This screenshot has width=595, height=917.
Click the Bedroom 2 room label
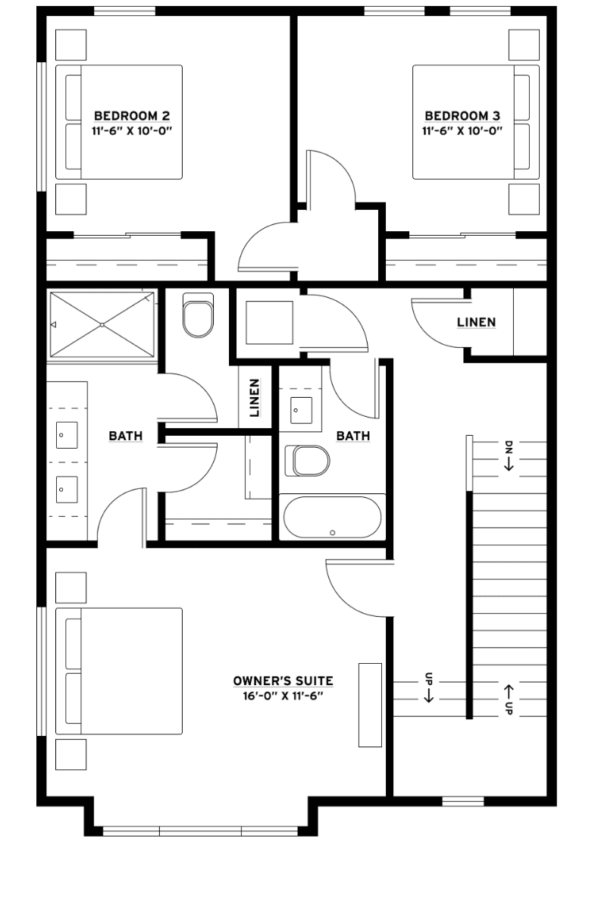point(132,116)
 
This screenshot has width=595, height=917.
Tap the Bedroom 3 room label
point(462,116)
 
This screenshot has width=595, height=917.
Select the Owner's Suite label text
point(283,681)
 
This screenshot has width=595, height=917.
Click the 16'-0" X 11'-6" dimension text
point(283,696)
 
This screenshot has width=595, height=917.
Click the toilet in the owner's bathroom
point(198,315)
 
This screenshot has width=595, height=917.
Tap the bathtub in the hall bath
point(332,517)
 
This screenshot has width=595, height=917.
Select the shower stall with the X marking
point(102,324)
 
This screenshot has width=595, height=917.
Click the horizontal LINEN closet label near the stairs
point(476,322)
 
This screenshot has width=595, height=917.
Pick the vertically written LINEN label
point(255,398)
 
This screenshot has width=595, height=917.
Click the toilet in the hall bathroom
point(307,461)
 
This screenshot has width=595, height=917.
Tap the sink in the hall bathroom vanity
point(301,410)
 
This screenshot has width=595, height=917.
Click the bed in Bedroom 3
point(476,122)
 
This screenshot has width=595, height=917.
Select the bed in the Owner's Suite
point(119,671)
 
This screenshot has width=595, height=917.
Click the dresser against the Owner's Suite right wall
point(370,705)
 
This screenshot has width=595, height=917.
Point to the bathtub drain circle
point(333,533)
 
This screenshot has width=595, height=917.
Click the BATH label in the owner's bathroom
point(126,436)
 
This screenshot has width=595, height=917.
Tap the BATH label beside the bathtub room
point(353,436)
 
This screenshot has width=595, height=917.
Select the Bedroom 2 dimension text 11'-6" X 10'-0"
point(132,131)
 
